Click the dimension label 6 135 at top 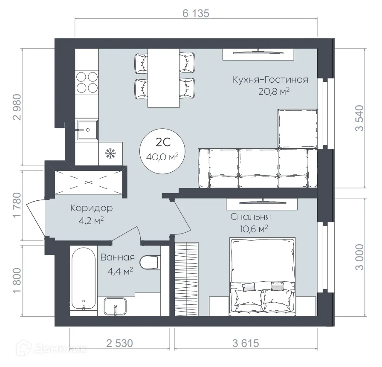[196, 13]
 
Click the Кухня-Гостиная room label [270, 80]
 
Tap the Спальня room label [250, 217]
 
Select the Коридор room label [91, 208]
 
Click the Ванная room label [118, 258]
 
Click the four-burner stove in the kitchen [87, 82]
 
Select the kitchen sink [87, 130]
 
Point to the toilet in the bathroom [150, 263]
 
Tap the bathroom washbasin [116, 306]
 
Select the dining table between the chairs [164, 78]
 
